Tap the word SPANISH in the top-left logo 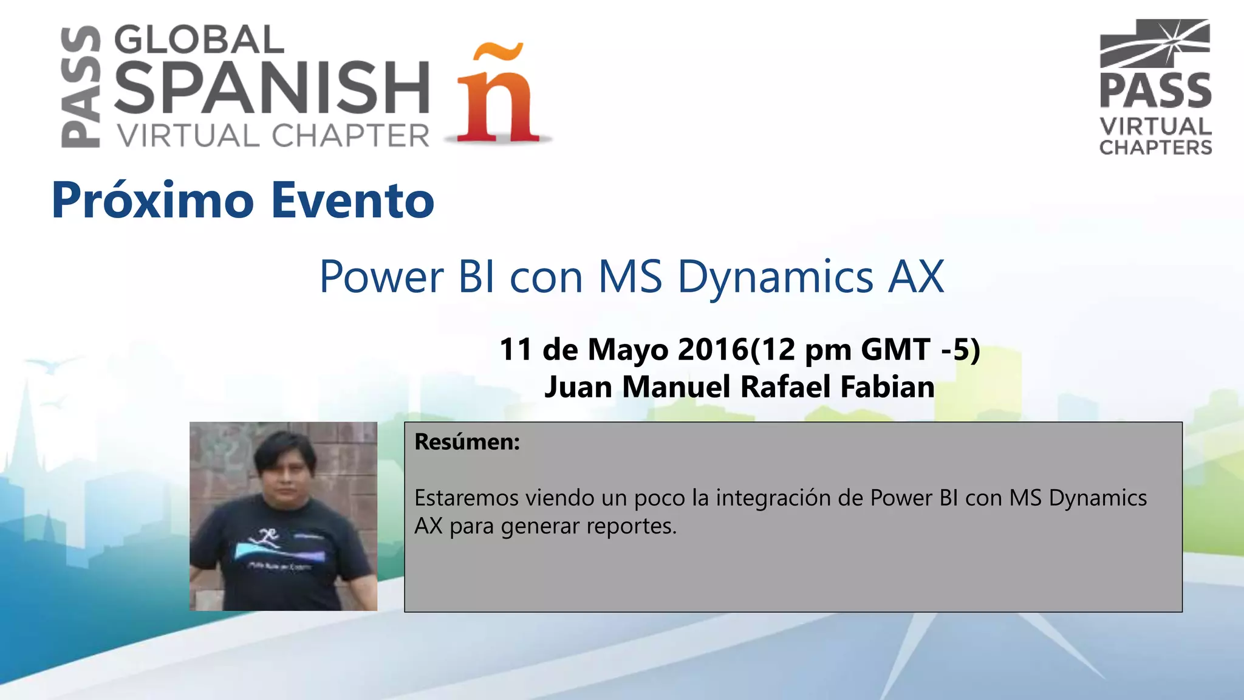coord(272,87)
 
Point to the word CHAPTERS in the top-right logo coord(1155,148)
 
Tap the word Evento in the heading coord(353,201)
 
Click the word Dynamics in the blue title coord(776,277)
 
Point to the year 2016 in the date coord(713,349)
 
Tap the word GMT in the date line coord(895,349)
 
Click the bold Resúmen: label coord(467,442)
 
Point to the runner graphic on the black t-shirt coord(268,536)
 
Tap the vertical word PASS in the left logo coord(81,87)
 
